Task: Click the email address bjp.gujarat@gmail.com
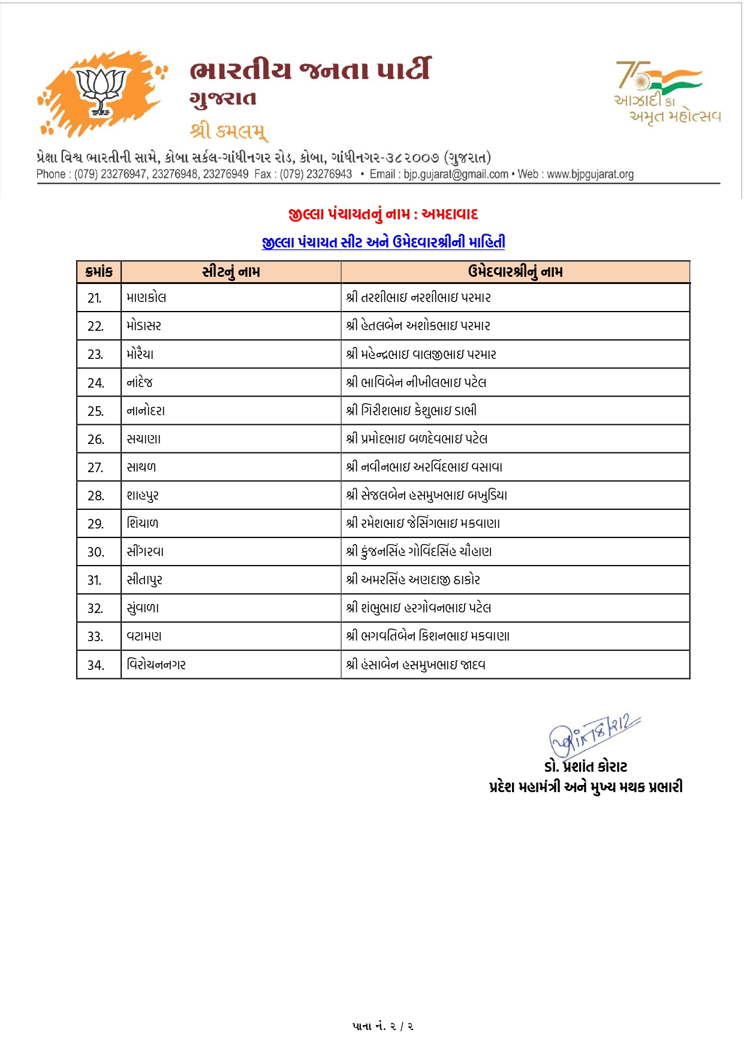coord(456,174)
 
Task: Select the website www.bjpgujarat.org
coord(590,174)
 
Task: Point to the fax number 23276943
coord(329,174)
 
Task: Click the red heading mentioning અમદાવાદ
coord(383,214)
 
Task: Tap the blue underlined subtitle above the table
coord(383,242)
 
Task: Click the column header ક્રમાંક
coord(99,272)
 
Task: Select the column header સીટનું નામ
coord(231,272)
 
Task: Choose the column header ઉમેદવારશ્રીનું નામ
coord(515,272)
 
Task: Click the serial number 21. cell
coord(95,298)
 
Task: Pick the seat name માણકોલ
coord(146,298)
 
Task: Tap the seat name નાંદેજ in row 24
coord(140,382)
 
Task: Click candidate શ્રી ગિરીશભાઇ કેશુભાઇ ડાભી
coord(411,411)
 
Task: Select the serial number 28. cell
coord(95,496)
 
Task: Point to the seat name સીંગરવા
coord(145,552)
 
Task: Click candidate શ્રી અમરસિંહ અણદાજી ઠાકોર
coord(413,580)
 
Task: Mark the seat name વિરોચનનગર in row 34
coord(156,665)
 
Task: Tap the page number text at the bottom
coord(383,1026)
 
